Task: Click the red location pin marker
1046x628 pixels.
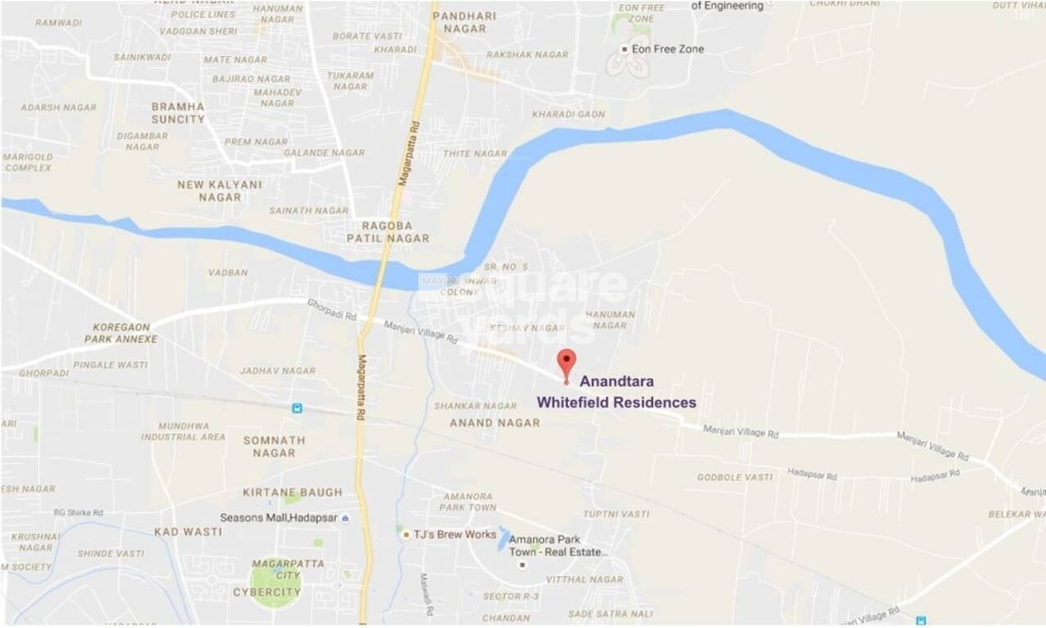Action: (566, 361)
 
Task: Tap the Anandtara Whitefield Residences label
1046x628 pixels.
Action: (616, 392)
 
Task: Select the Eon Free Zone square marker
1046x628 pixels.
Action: (624, 49)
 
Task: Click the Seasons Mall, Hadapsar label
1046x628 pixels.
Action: (279, 518)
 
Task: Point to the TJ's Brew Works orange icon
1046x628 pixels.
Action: (406, 535)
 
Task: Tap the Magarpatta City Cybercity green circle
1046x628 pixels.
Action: (275, 583)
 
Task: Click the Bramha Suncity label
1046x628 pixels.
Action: (178, 113)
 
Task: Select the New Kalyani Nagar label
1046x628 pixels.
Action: (220, 191)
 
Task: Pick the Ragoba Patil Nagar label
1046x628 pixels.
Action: (387, 231)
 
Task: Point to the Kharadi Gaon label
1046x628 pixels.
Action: (569, 114)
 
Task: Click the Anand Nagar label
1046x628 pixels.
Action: (495, 423)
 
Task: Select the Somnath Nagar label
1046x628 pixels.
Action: (274, 446)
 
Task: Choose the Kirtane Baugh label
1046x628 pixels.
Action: (293, 492)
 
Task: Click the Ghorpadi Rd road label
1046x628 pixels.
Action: (332, 309)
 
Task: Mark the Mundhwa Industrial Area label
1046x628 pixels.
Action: (183, 432)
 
